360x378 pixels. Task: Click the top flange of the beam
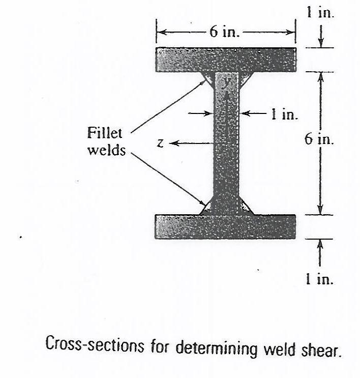coord(226,59)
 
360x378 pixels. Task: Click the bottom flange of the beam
coord(226,226)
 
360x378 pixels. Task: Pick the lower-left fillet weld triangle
coord(207,208)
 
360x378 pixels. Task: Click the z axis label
coord(160,144)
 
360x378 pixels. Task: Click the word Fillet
coord(105,134)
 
